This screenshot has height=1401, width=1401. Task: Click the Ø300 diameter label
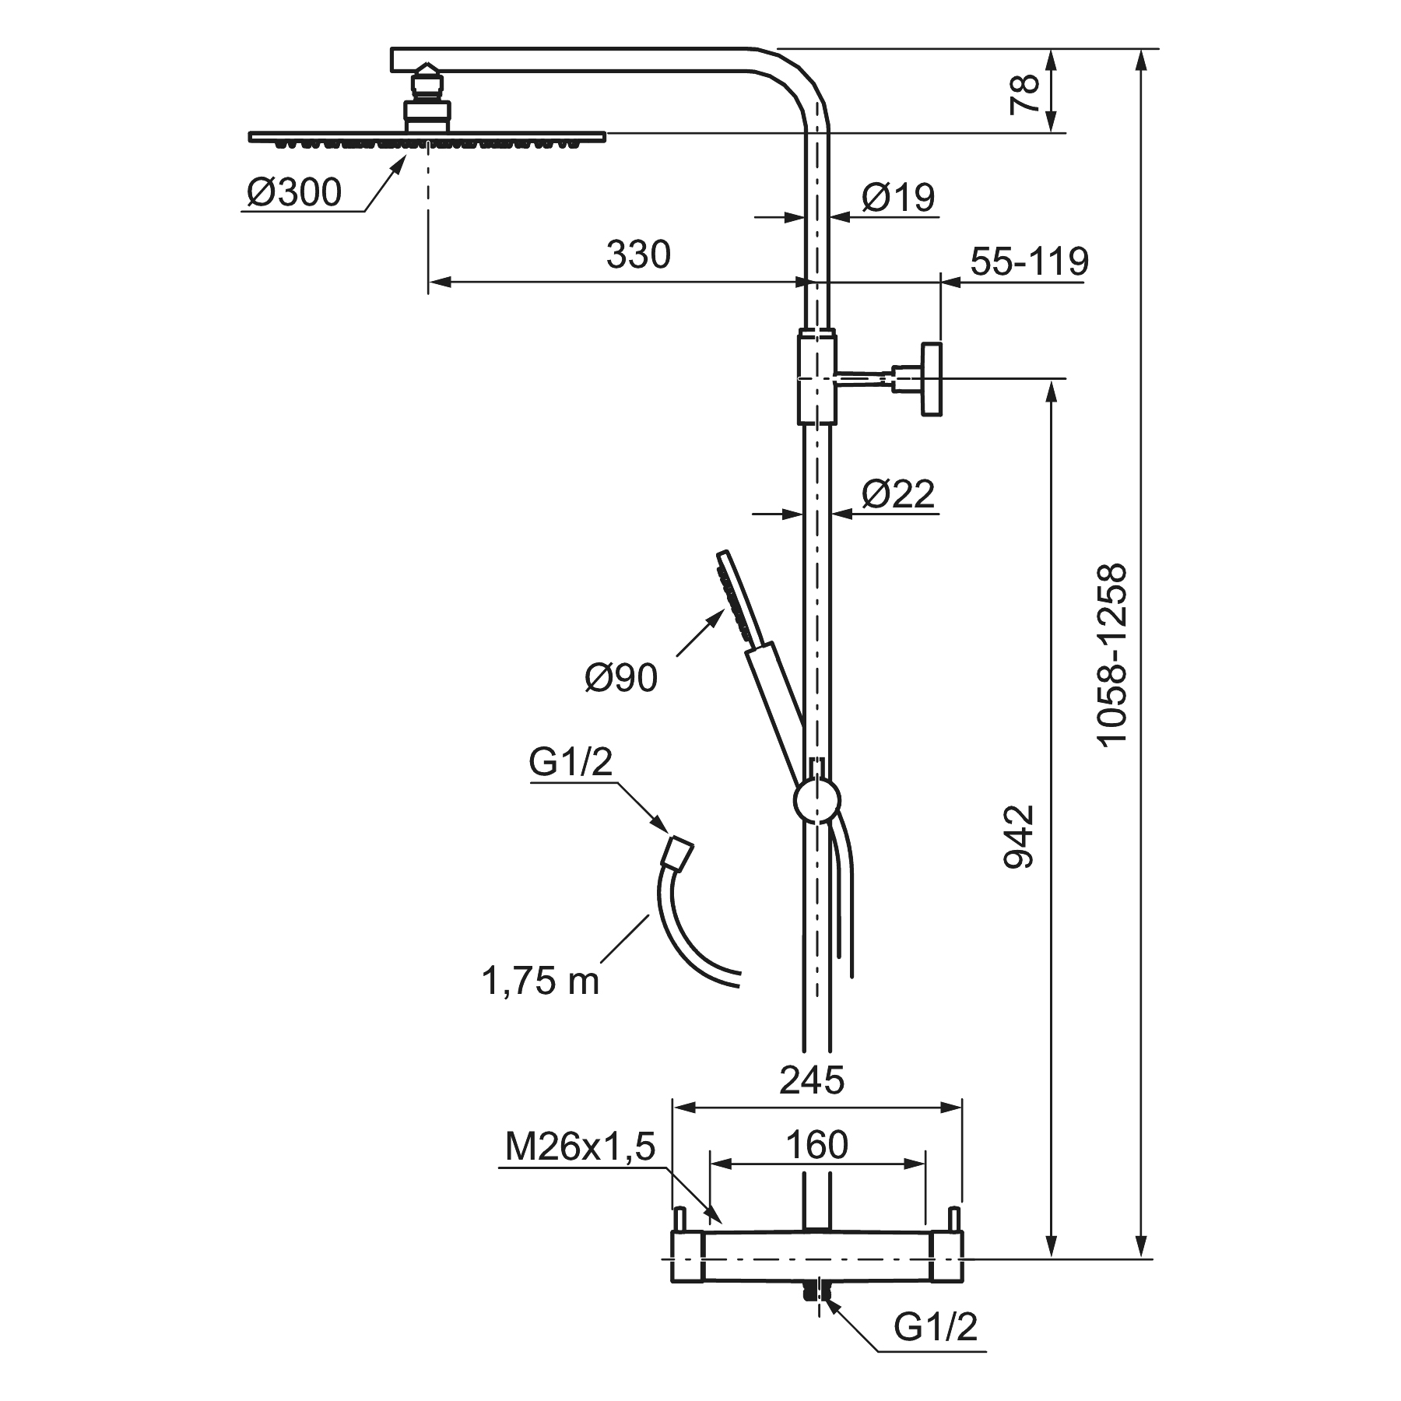(x=295, y=192)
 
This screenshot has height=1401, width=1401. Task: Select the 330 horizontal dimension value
(x=638, y=255)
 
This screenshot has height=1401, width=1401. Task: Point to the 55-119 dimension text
(x=1029, y=262)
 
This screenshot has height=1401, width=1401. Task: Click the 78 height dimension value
(x=1027, y=94)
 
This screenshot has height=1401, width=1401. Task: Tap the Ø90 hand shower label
(x=621, y=678)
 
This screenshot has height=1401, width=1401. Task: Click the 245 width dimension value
(x=812, y=1080)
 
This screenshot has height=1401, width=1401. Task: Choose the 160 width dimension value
(x=816, y=1144)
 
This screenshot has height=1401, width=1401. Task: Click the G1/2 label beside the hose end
(x=571, y=764)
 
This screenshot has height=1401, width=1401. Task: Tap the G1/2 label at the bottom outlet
(x=935, y=1326)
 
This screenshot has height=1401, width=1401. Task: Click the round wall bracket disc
(x=932, y=379)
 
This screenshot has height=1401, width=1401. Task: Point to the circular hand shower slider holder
(x=816, y=800)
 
